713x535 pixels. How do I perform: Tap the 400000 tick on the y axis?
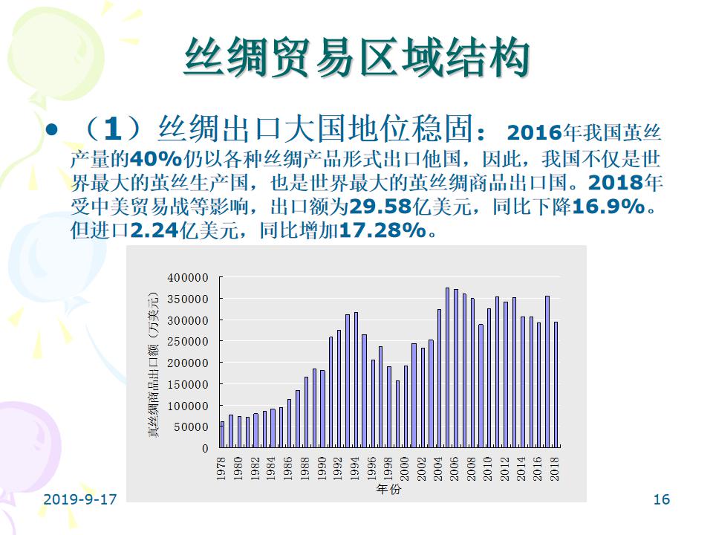tap(188, 277)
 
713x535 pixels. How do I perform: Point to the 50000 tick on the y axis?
tap(191, 427)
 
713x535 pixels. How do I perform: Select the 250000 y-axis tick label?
tap(188, 342)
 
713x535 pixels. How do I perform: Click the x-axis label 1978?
tap(221, 470)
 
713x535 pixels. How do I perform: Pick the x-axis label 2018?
tap(555, 470)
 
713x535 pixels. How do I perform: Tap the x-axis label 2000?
tap(405, 470)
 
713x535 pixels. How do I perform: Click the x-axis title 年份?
tap(388, 490)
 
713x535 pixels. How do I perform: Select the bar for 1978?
tap(222, 434)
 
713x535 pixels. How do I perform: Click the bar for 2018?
tap(555, 384)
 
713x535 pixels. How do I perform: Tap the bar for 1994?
tap(356, 380)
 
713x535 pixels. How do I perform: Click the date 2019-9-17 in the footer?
tap(80, 499)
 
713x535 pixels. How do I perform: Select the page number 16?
tap(661, 499)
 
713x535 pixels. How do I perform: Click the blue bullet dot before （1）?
tap(51, 131)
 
